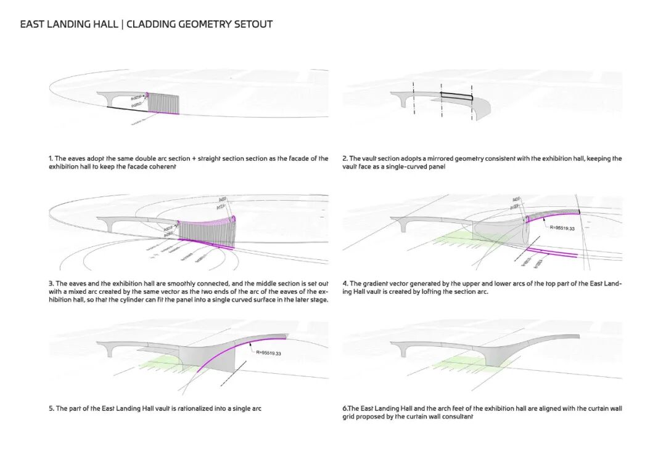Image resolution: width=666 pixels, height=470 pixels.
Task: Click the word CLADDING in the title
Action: [152, 25]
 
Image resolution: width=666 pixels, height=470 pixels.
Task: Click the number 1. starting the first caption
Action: [51, 158]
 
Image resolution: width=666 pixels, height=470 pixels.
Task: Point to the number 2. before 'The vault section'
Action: [345, 158]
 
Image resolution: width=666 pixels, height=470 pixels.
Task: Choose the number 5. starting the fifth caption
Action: [51, 408]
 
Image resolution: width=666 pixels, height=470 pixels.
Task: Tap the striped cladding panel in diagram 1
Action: [163, 103]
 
